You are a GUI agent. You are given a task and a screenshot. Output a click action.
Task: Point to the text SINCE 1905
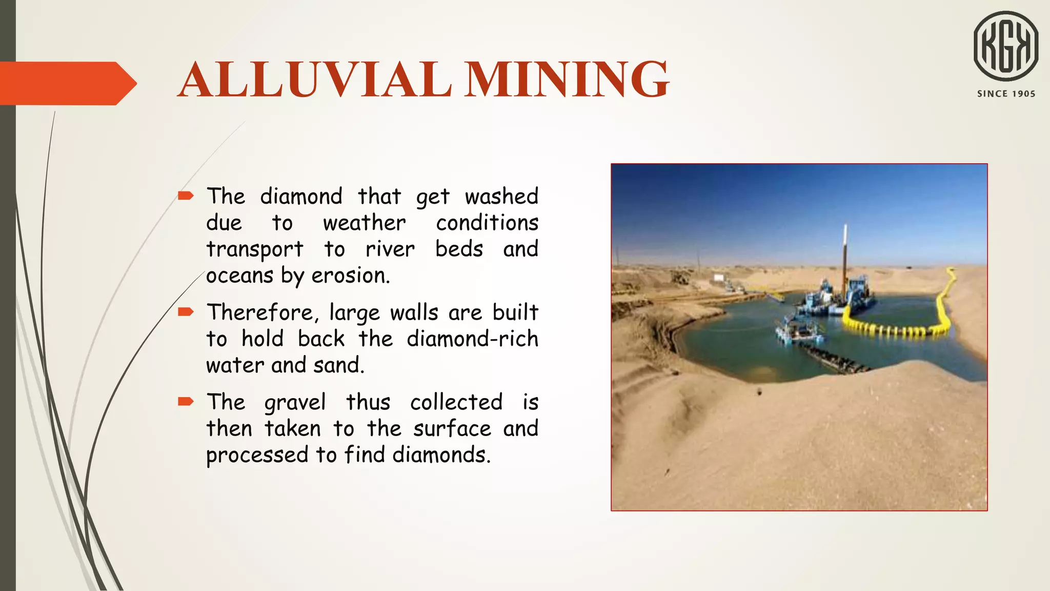pyautogui.click(x=1006, y=94)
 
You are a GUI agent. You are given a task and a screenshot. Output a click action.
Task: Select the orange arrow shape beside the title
pyautogui.click(x=67, y=83)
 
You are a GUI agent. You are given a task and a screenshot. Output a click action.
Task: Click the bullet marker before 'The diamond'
pyautogui.click(x=185, y=195)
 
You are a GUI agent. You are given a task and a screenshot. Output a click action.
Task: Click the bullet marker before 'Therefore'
pyautogui.click(x=185, y=311)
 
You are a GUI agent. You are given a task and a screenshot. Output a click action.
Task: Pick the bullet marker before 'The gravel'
pyautogui.click(x=185, y=401)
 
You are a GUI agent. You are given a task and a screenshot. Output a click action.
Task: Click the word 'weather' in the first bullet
pyautogui.click(x=364, y=223)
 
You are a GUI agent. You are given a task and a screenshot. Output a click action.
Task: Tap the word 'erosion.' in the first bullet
pyautogui.click(x=351, y=276)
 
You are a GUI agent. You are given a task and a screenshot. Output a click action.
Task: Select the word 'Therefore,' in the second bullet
pyautogui.click(x=262, y=312)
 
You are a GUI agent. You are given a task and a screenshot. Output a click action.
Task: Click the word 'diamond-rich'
pyautogui.click(x=472, y=339)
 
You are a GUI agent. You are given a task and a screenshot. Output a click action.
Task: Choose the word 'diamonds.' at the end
pyautogui.click(x=441, y=455)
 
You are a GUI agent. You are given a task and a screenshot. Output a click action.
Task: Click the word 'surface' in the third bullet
pyautogui.click(x=452, y=429)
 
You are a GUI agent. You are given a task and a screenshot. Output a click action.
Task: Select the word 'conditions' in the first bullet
pyautogui.click(x=487, y=223)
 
